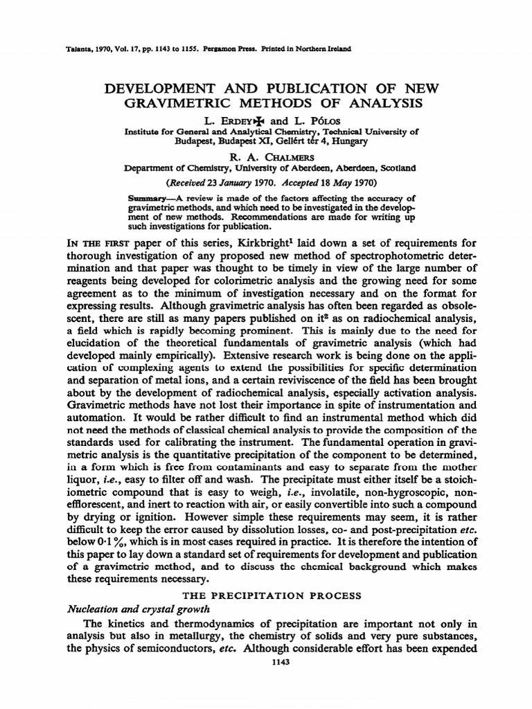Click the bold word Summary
tap(147, 198)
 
